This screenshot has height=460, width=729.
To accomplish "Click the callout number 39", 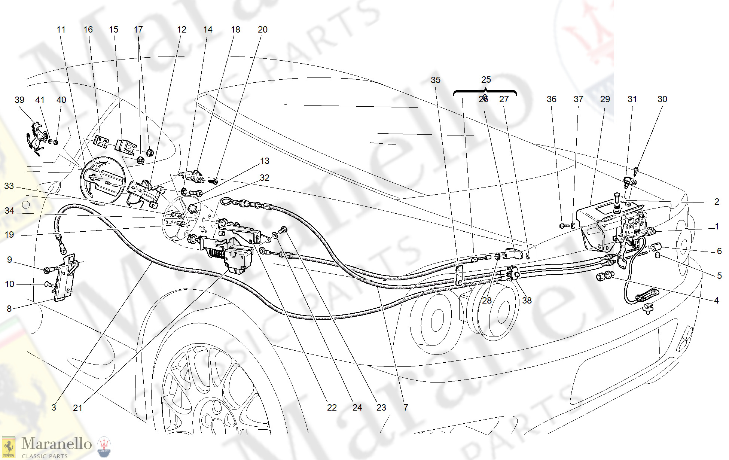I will tap(19, 100).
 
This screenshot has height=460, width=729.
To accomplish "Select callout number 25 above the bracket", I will tap(486, 80).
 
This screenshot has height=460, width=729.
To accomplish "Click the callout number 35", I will tap(435, 80).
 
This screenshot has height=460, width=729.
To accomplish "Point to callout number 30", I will tap(662, 99).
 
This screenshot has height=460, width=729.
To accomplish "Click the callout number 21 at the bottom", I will tap(77, 408).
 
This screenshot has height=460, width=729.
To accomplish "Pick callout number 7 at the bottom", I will tap(406, 407).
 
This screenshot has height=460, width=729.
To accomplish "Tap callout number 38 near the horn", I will tap(527, 300).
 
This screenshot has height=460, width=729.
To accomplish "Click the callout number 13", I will tap(265, 161).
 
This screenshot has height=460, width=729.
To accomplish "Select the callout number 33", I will tap(9, 186).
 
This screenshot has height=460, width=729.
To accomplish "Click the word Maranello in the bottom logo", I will tap(57, 444).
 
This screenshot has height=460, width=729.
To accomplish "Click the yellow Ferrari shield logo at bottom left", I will tap(9, 447).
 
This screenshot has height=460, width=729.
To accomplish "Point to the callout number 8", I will tap(9, 309).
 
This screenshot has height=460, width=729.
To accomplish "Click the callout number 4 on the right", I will tap(716, 300).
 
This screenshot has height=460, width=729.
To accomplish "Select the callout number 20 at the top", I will tap(262, 30).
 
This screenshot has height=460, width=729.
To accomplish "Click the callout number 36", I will tap(551, 99).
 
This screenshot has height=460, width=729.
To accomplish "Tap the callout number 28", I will tap(486, 300).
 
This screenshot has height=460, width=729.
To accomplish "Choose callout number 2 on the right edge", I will tap(716, 202).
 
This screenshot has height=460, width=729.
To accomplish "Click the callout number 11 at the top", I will tap(61, 30).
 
